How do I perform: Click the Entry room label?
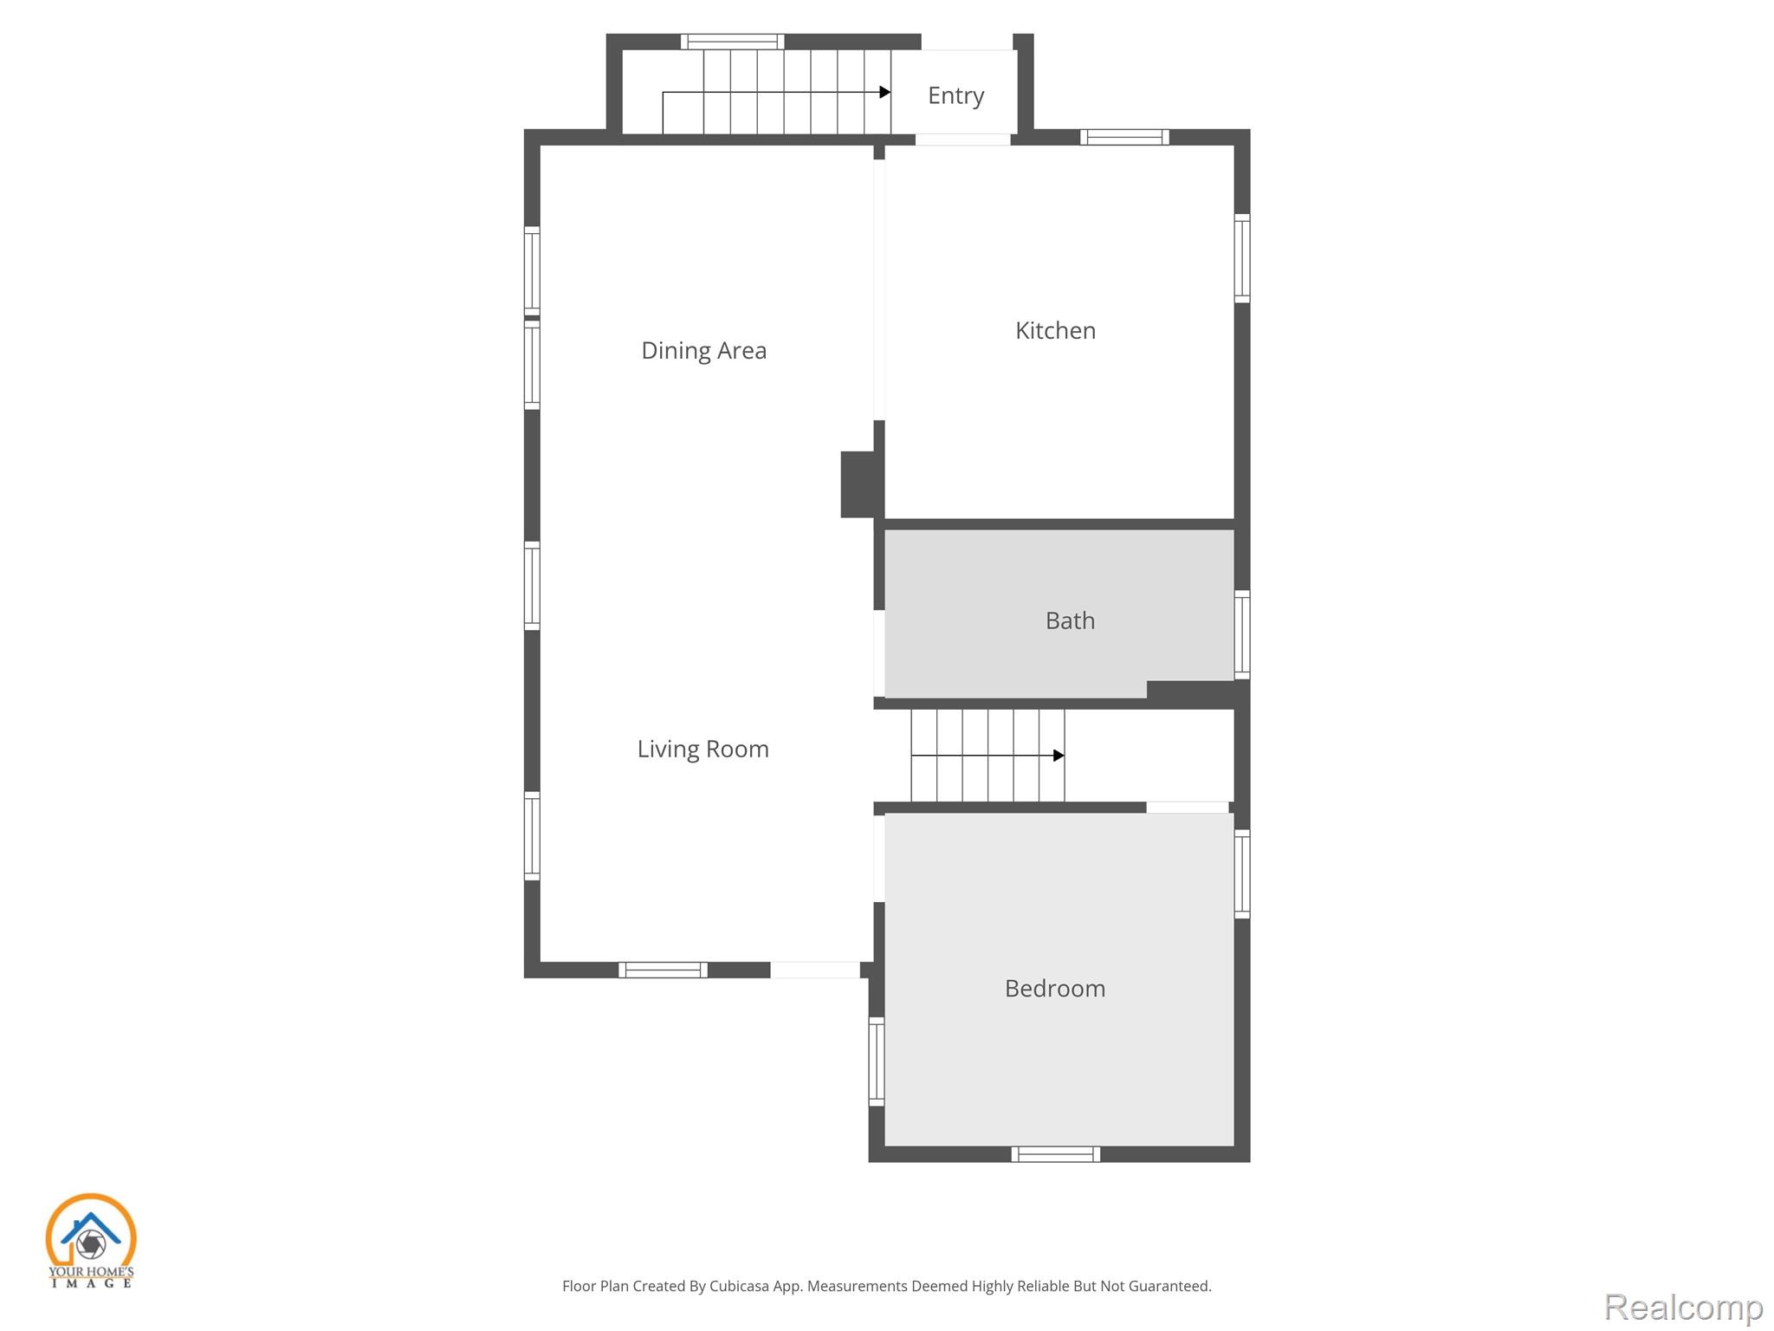955,96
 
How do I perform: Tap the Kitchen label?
1055,330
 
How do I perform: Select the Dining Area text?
703,350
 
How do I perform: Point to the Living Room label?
702,749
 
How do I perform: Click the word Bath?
1070,620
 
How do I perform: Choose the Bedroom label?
1055,989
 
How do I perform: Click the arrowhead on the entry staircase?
885,92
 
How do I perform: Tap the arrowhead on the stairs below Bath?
1059,756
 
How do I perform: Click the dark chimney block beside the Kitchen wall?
858,484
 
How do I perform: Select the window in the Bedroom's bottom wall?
1055,1154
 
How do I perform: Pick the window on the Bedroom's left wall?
877,1062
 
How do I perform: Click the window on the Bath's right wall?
1242,634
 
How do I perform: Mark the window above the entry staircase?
732,42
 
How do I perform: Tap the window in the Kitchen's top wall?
1124,137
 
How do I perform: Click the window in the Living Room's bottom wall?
663,971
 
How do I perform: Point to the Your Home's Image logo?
91,1240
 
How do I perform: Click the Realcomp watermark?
1684,1307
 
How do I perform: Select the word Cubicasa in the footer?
739,1286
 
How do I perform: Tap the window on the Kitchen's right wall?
1242,258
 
